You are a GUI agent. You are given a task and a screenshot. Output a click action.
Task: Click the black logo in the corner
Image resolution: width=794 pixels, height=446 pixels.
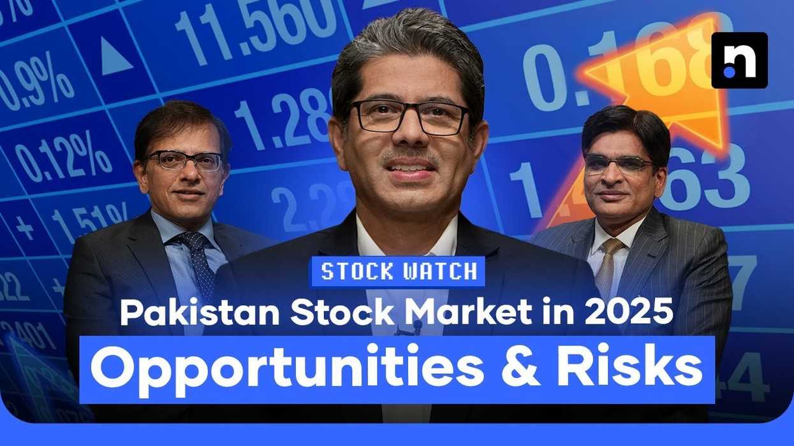click(x=739, y=60)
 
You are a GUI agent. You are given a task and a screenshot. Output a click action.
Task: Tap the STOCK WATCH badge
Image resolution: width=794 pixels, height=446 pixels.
click(x=397, y=271)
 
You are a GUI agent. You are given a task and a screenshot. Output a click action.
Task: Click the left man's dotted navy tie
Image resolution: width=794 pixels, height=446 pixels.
click(x=198, y=261)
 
